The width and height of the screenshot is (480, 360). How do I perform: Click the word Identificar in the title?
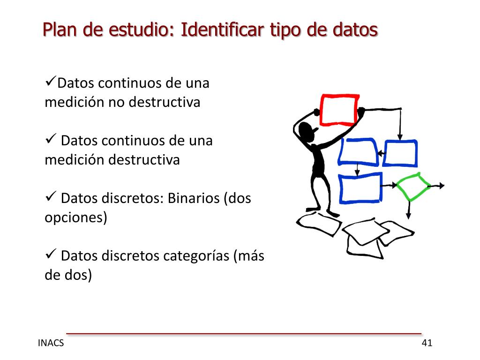[222, 30]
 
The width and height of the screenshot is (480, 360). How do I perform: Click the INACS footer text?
[51, 343]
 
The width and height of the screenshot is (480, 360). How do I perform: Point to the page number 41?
[427, 343]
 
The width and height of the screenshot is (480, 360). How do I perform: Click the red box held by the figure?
[339, 110]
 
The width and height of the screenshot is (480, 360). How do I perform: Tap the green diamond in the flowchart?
[413, 186]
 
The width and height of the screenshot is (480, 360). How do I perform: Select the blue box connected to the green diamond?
[360, 188]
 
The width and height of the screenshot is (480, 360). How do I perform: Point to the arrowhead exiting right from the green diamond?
[442, 186]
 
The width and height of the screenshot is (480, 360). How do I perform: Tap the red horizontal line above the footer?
[244, 334]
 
